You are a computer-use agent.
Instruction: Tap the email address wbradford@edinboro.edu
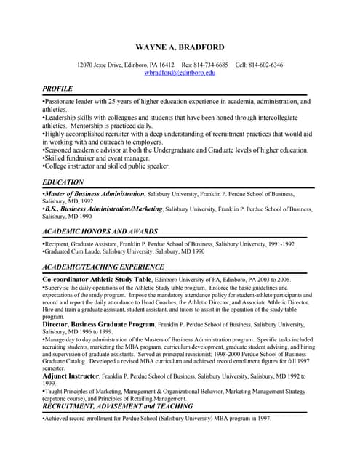pos(180,73)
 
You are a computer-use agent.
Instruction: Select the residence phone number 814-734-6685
pos(210,65)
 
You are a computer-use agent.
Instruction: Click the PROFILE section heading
pos(57,88)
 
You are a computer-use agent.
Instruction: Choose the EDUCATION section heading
pos(63,182)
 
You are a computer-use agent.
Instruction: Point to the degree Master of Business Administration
pos(95,194)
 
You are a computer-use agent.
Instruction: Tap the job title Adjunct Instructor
pos(71,376)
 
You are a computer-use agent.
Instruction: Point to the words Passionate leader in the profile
pos(70,102)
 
